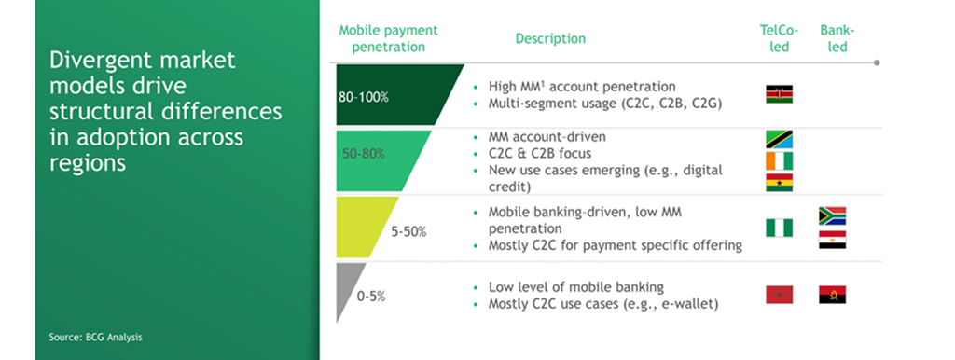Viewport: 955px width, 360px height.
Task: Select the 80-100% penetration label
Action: pos(367,96)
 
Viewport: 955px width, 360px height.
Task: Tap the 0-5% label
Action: pos(370,297)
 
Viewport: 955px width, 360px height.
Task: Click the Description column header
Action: pos(550,38)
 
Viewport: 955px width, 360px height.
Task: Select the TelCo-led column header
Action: pos(778,38)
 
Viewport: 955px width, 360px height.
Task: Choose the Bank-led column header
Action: pos(837,38)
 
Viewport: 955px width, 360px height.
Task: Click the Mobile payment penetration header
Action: pos(387,38)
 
